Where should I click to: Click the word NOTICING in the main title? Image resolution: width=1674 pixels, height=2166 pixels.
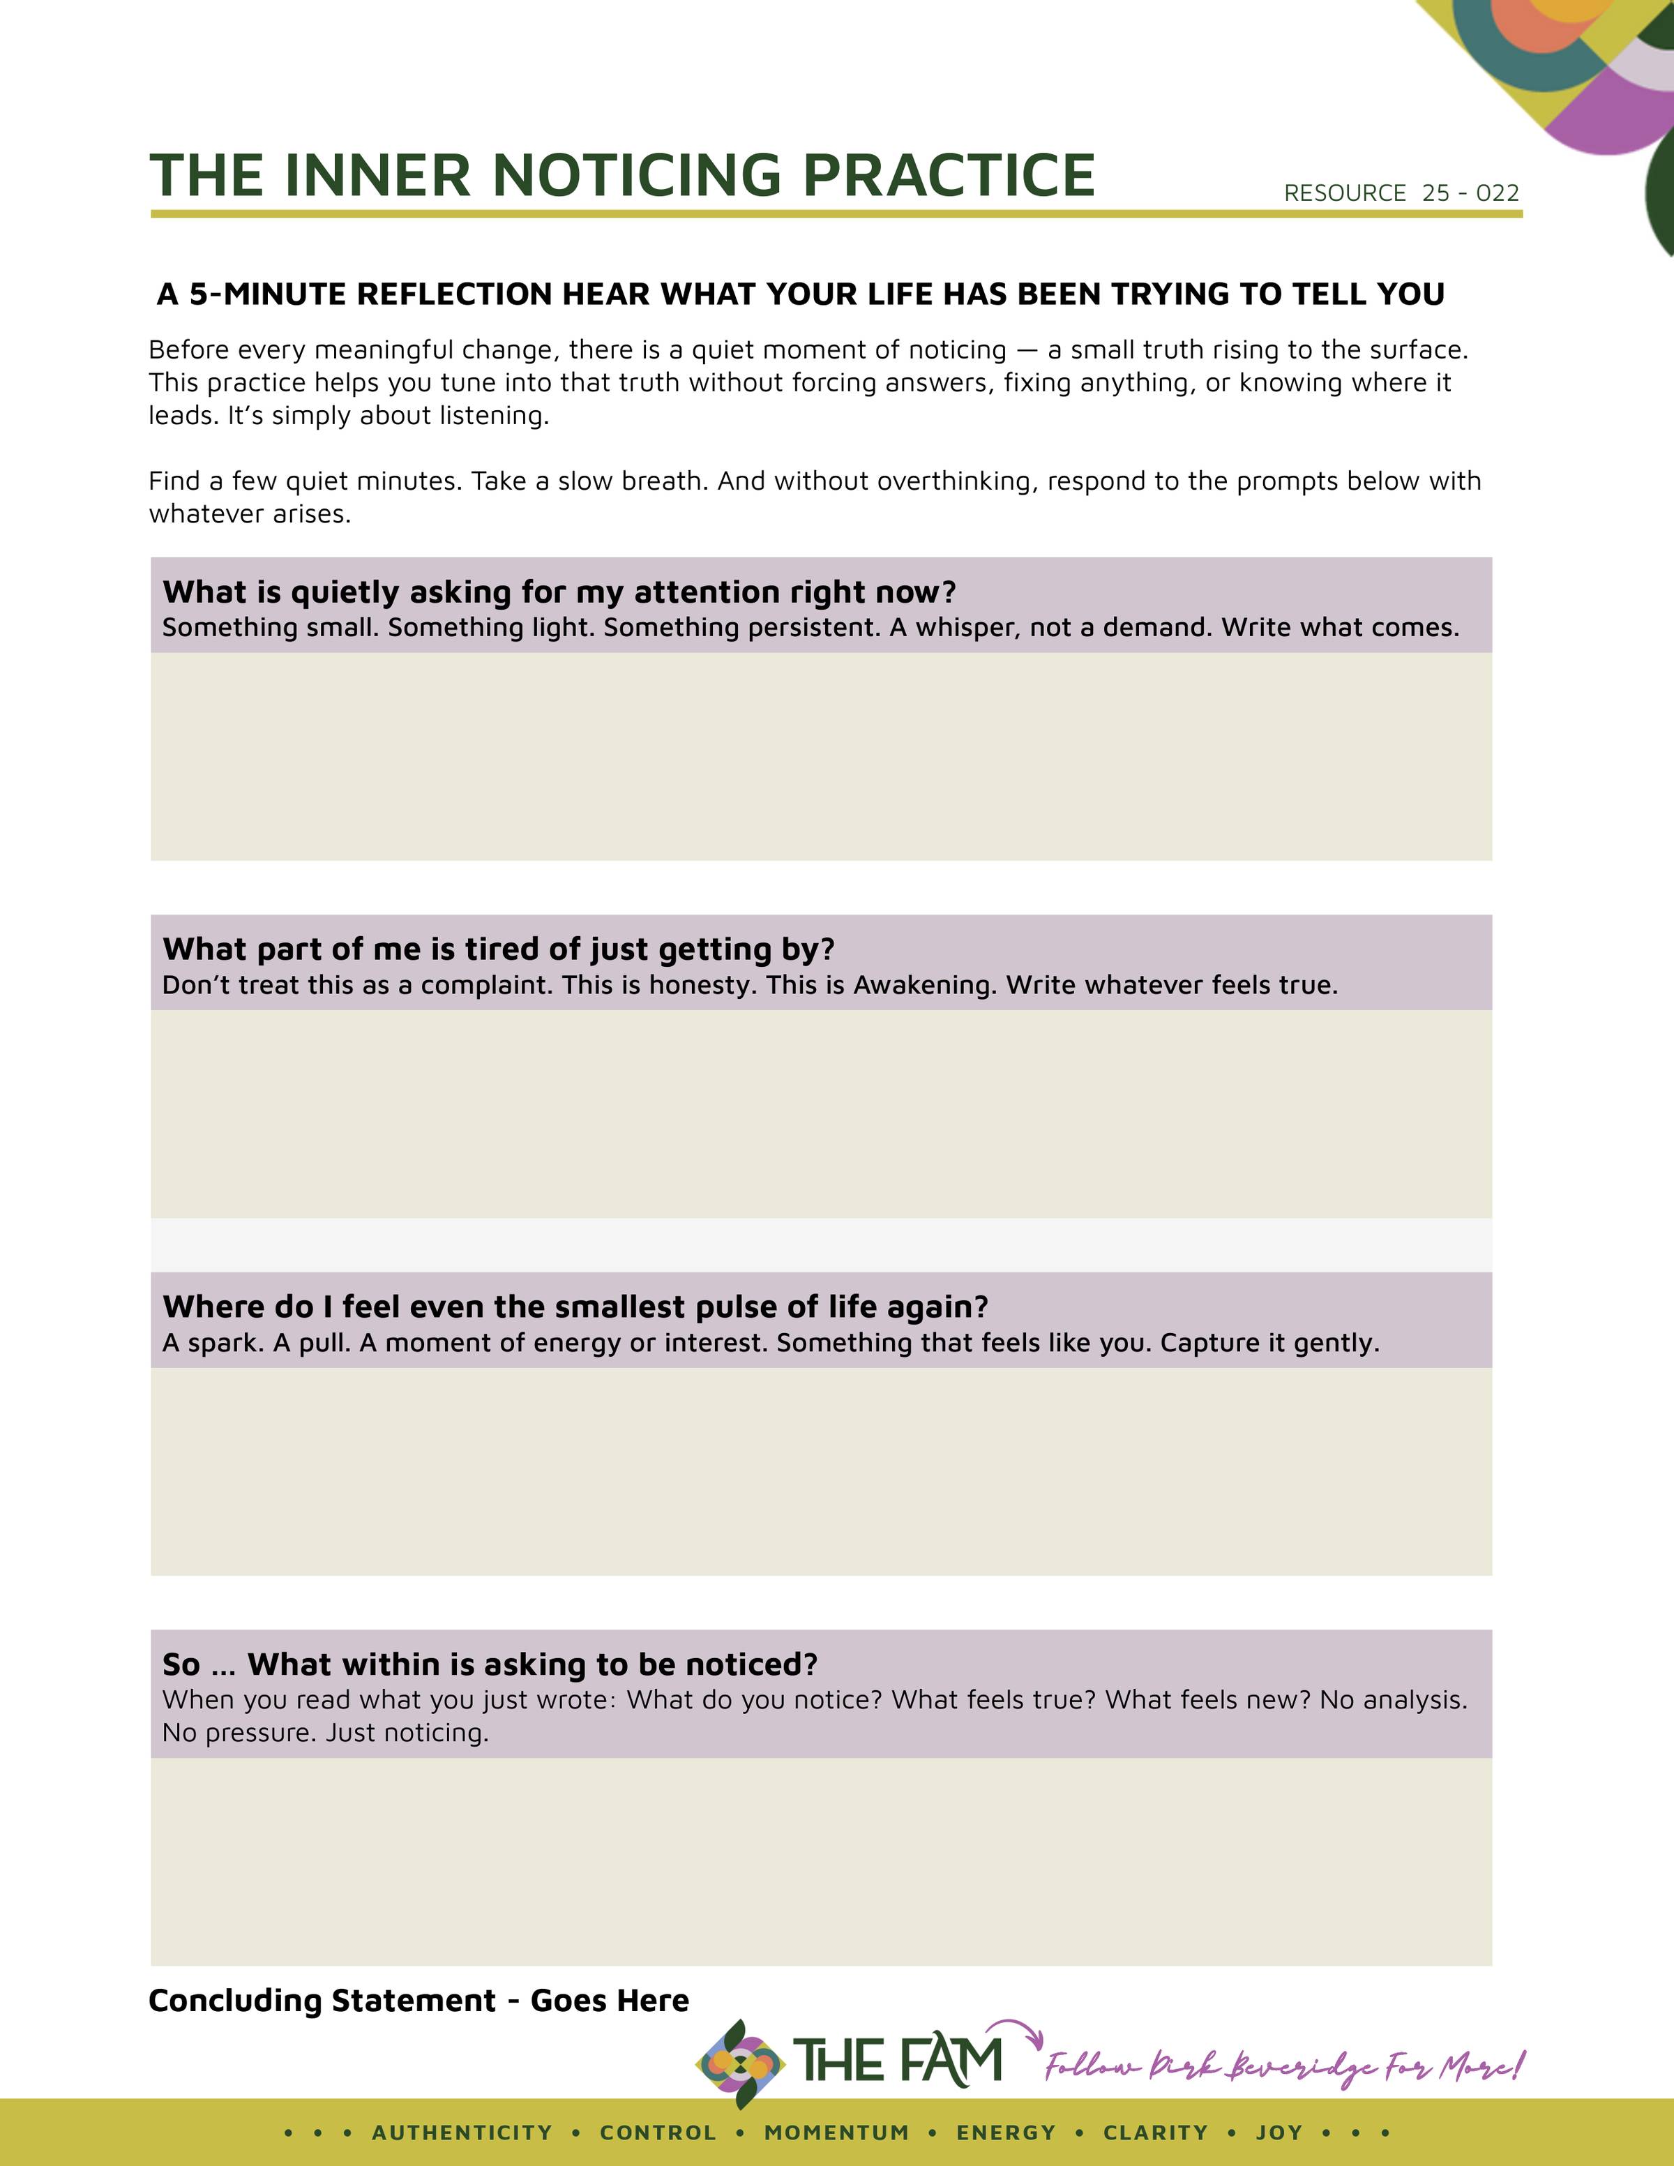[x=637, y=176]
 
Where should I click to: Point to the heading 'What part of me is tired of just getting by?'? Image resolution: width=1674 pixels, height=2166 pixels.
[x=498, y=949]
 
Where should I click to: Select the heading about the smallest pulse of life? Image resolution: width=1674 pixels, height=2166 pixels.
[x=575, y=1307]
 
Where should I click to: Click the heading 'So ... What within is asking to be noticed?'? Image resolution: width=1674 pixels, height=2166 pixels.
[x=490, y=1664]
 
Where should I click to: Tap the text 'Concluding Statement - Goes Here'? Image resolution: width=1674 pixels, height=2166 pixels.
[x=418, y=2001]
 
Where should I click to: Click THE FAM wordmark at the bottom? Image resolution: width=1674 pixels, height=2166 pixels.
[x=898, y=2060]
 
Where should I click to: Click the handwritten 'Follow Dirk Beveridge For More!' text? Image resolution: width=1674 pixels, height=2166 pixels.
[x=1283, y=2068]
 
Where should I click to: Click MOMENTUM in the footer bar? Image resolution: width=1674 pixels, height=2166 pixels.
[x=836, y=2133]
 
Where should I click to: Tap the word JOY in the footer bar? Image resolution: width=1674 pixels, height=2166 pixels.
[x=1279, y=2133]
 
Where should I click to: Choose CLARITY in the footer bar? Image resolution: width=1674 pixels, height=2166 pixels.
[x=1155, y=2133]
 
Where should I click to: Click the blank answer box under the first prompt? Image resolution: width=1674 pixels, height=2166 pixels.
[x=821, y=755]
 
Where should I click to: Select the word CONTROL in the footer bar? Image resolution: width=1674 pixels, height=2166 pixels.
[x=658, y=2133]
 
